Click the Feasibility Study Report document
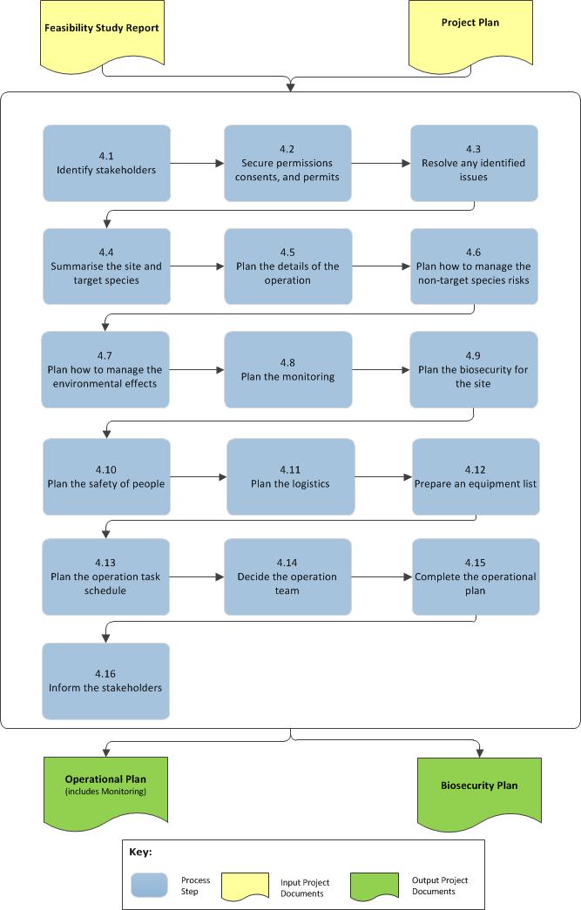click(x=102, y=30)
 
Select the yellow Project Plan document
click(x=470, y=30)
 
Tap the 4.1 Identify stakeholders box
click(x=106, y=163)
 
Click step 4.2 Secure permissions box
click(x=287, y=163)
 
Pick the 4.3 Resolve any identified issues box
click(x=474, y=163)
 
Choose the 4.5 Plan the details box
click(x=287, y=266)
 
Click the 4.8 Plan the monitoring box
click(x=287, y=369)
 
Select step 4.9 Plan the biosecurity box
click(x=474, y=369)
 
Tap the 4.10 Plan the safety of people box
click(x=106, y=476)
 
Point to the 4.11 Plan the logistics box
click(x=290, y=476)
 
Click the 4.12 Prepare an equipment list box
click(x=476, y=476)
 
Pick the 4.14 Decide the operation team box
click(x=287, y=576)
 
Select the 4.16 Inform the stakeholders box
click(x=105, y=680)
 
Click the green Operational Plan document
click(x=105, y=787)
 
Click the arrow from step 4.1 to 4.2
click(x=197, y=163)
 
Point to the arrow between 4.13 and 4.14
click(x=197, y=576)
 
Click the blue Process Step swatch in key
click(x=150, y=885)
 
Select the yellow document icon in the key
click(x=247, y=885)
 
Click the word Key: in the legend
click(x=141, y=852)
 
